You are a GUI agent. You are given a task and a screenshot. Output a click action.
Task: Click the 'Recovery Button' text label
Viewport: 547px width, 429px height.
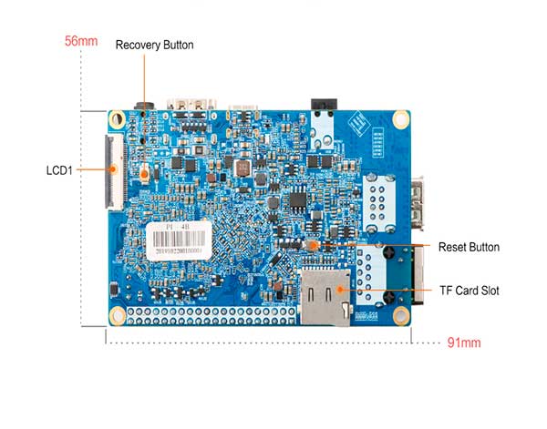(x=154, y=45)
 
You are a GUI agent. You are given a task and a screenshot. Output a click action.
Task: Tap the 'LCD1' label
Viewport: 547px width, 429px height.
(x=60, y=169)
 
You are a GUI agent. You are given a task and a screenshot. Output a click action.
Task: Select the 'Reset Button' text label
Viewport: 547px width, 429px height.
(x=469, y=247)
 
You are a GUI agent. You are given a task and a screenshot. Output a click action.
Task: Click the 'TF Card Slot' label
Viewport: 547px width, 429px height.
(x=469, y=291)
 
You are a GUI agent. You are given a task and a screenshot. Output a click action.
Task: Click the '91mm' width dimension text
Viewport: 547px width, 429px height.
(x=464, y=343)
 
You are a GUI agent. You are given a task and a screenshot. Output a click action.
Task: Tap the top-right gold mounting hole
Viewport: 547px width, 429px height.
(x=400, y=119)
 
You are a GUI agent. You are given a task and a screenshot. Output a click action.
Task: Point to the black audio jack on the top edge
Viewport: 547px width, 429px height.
(x=320, y=108)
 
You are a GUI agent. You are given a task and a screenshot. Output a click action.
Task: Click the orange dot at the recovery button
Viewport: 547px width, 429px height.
(x=146, y=170)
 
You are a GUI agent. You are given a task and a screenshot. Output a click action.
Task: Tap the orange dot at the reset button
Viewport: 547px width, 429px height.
(x=313, y=246)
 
